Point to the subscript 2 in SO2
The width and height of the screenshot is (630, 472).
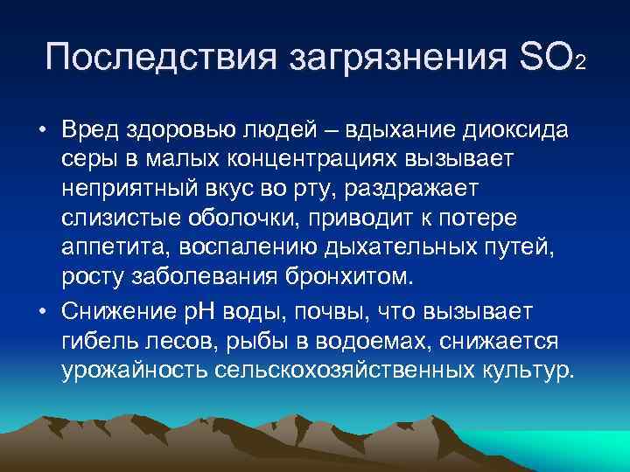coord(580,66)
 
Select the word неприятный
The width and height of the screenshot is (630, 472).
coord(129,191)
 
